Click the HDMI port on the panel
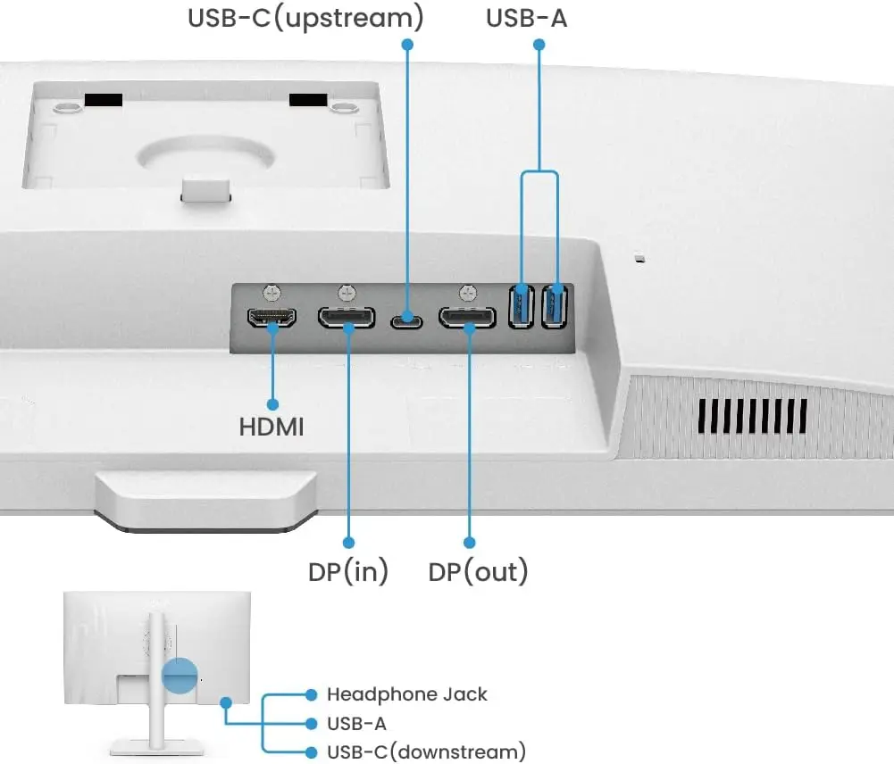[272, 318]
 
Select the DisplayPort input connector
[347, 318]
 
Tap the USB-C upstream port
[408, 318]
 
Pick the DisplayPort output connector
[466, 318]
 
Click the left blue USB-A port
[521, 305]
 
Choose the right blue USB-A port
[555, 305]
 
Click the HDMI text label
[272, 428]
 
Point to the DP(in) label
[348, 571]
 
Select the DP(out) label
[478, 571]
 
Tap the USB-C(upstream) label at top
[305, 18]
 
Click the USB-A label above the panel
[526, 18]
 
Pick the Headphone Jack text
[407, 694]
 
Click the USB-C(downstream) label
[426, 752]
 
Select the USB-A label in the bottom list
[356, 723]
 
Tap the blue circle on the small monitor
[180, 676]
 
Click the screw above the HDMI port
[272, 292]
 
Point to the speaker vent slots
[753, 416]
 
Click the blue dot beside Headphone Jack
[311, 694]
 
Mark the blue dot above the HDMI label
[272, 404]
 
